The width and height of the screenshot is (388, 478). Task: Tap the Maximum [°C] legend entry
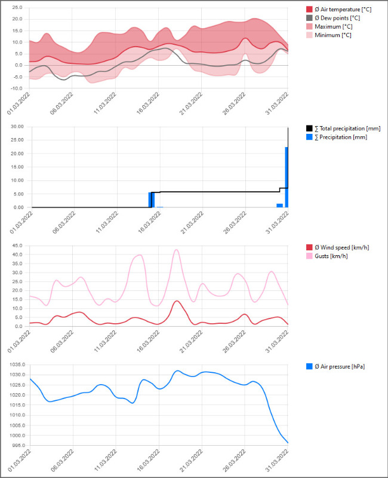click(x=332, y=26)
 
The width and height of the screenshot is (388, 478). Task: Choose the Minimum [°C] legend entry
click(x=331, y=35)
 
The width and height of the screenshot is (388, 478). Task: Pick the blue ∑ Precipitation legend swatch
click(x=309, y=137)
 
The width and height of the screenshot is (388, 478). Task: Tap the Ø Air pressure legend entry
click(x=338, y=366)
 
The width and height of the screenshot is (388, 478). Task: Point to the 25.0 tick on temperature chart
click(x=16, y=8)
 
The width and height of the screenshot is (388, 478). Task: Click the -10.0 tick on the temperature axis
click(x=16, y=88)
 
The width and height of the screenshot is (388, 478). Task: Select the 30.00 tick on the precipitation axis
click(x=16, y=127)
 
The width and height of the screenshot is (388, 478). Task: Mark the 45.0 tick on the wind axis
click(x=16, y=246)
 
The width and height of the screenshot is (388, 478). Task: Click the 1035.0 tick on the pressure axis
click(x=14, y=364)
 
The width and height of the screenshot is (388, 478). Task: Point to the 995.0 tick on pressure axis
click(x=16, y=445)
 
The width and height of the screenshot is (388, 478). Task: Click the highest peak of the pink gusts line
click(x=176, y=250)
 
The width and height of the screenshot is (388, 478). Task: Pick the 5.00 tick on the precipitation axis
click(x=17, y=194)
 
